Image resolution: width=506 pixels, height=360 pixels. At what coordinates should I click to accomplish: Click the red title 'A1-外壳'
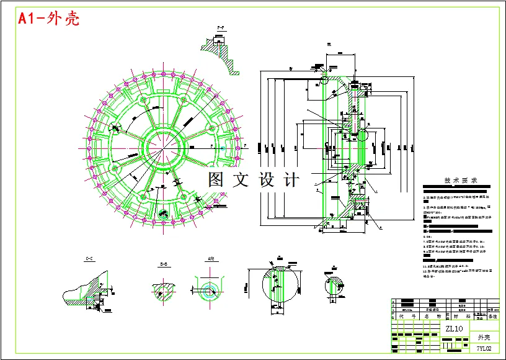(49, 19)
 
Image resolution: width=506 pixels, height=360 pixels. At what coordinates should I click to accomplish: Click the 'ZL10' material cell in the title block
(454, 328)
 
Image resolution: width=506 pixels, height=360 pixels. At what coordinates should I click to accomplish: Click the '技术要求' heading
(460, 181)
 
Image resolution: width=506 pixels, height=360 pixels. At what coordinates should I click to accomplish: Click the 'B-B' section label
(164, 264)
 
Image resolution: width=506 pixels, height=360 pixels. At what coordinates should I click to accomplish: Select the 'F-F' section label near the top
(220, 29)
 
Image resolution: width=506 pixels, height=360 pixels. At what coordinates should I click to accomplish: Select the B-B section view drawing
(164, 288)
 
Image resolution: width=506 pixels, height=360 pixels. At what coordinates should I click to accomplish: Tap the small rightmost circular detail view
(335, 287)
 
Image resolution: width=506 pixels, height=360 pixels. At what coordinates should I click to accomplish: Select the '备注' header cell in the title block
(493, 316)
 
